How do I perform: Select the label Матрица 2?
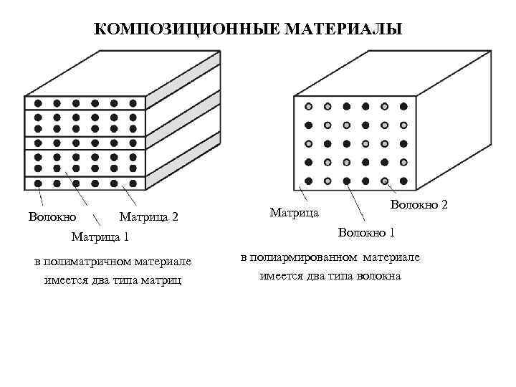pyautogui.click(x=148, y=216)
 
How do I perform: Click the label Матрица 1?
pyautogui.click(x=100, y=236)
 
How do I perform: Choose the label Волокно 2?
pyautogui.click(x=419, y=205)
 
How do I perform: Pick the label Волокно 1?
pyautogui.click(x=366, y=232)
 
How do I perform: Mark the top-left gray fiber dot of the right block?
pyautogui.click(x=309, y=106)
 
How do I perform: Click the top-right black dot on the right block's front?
pyautogui.click(x=403, y=106)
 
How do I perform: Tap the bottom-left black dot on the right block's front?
pyautogui.click(x=309, y=180)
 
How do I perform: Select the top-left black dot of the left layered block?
pyautogui.click(x=38, y=103)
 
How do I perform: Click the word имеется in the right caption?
pyautogui.click(x=279, y=276)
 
